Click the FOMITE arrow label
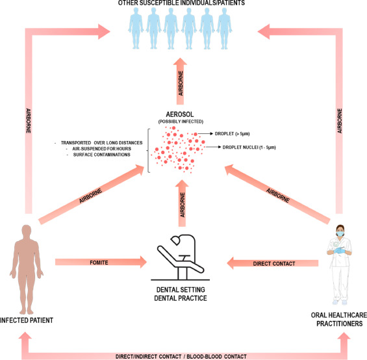tap(99, 263)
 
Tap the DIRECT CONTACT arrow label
tap(274, 264)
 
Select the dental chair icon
tap(180, 257)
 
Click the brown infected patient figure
tap(27, 270)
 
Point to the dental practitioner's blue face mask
tap(340, 233)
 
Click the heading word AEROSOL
tap(180, 114)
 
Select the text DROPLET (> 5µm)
tap(232, 134)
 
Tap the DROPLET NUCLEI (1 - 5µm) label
tap(249, 148)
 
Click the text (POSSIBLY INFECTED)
tap(181, 122)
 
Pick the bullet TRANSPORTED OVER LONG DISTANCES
tap(101, 143)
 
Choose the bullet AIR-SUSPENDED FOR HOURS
tap(101, 149)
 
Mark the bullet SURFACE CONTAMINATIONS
tap(101, 155)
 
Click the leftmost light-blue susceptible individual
tap(136, 28)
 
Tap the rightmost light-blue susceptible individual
tap(224, 28)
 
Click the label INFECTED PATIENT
tap(27, 320)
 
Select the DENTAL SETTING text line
tap(181, 290)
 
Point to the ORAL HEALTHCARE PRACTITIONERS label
tap(339, 319)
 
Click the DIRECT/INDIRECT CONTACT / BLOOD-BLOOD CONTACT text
tap(181, 357)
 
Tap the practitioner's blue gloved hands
tap(339, 250)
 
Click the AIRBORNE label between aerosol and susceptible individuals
tap(181, 83)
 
